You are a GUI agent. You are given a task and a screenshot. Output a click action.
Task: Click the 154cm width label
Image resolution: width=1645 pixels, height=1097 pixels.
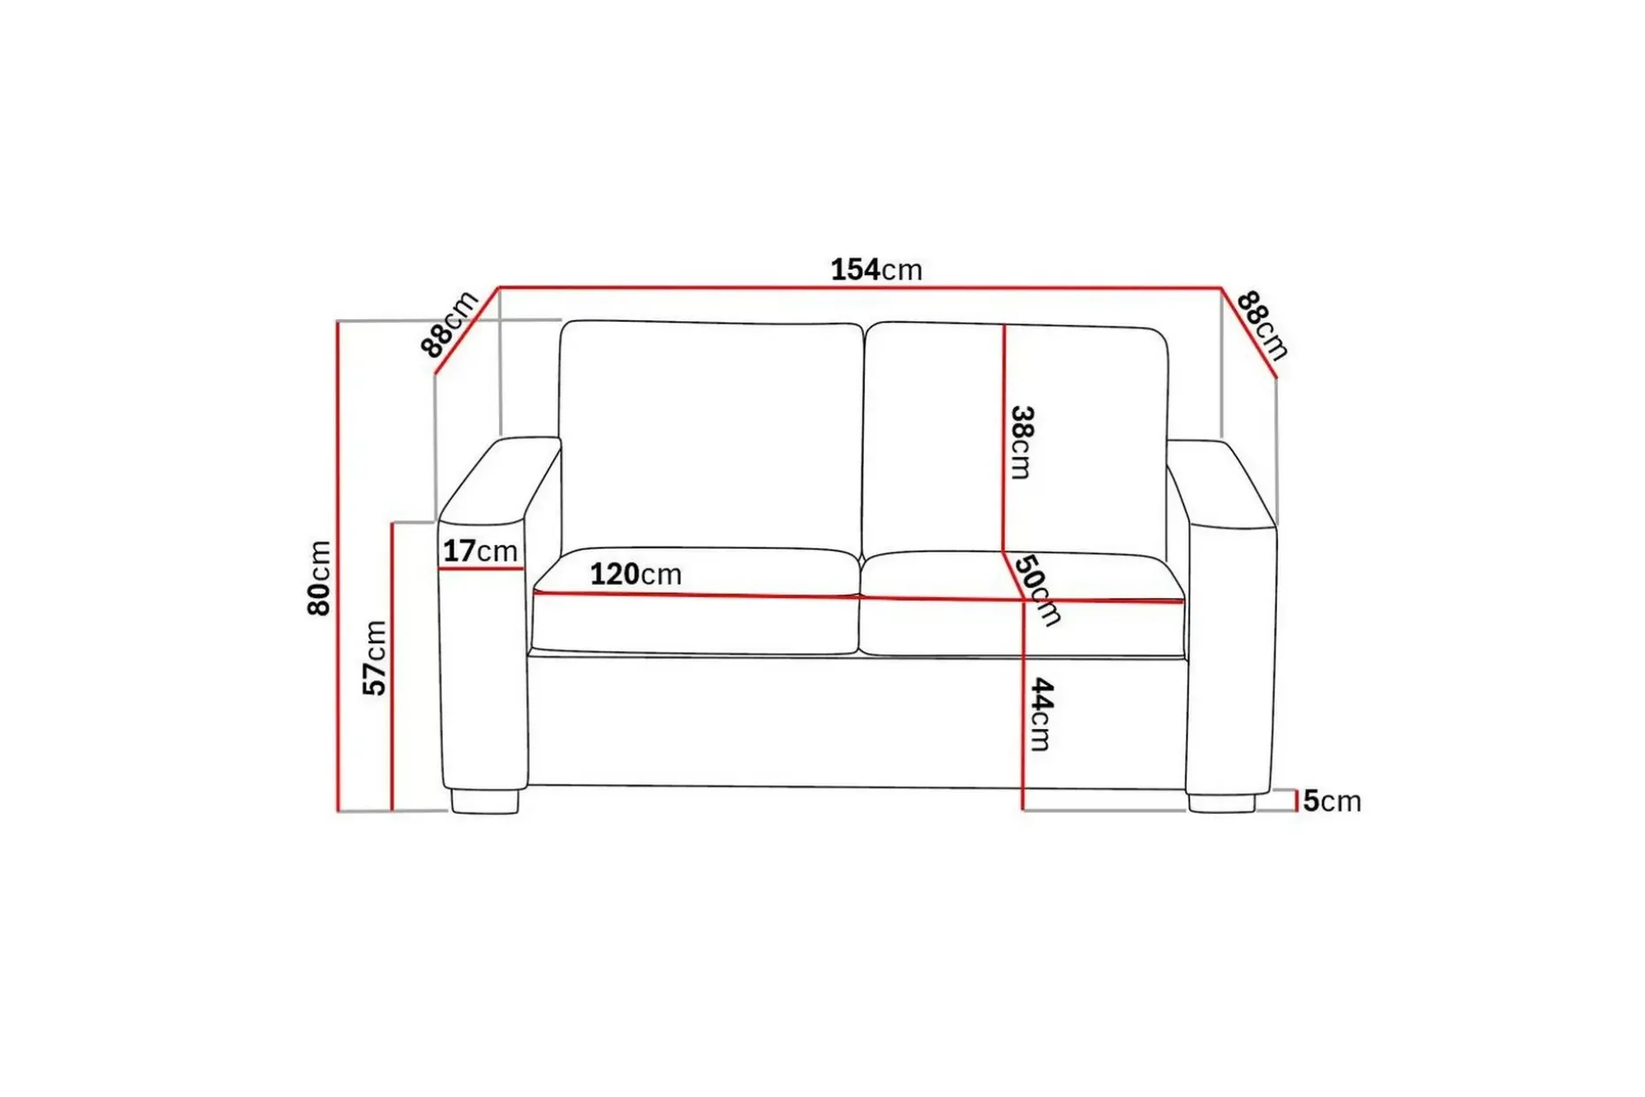(876, 269)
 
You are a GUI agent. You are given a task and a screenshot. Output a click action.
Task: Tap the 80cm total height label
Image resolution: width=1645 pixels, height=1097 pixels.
(318, 579)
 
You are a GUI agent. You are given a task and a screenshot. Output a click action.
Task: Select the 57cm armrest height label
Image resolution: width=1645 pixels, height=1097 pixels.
(374, 657)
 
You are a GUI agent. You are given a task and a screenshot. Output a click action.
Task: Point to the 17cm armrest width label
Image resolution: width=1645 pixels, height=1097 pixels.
(480, 550)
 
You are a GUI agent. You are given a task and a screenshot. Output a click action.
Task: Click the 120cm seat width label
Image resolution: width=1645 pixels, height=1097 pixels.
(636, 574)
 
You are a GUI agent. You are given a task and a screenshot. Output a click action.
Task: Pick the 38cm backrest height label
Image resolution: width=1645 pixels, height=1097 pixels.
(1021, 442)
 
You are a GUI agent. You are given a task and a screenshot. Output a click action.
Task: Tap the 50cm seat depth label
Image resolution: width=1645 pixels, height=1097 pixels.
(1037, 590)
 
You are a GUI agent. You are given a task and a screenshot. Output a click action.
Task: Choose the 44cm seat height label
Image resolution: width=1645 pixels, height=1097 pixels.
(1042, 715)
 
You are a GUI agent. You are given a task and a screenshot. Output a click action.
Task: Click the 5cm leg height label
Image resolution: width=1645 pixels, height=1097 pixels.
(1331, 801)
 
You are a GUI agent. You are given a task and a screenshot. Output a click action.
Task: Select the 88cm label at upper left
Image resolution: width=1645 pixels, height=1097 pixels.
(449, 323)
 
